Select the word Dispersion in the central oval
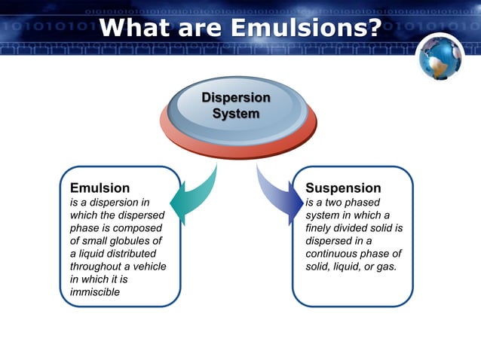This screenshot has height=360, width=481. coord(236,99)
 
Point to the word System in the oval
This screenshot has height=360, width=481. coord(236,114)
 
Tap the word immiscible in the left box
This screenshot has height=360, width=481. coord(94,292)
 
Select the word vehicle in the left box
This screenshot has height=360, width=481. coord(148,267)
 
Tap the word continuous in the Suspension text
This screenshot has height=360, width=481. coord(334,254)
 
